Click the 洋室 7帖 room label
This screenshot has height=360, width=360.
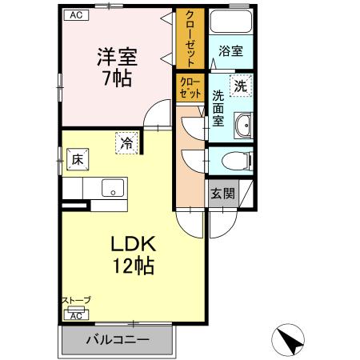tap(118, 67)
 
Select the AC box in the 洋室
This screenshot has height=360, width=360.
tap(77, 15)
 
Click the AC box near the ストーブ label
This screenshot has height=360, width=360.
tap(76, 316)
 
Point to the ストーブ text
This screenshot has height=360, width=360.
tap(76, 300)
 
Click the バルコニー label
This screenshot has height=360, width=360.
tap(118, 340)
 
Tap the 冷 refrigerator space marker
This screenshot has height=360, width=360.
tap(126, 143)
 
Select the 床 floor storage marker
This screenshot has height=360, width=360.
tap(78, 159)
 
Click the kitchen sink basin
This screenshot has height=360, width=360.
tap(113, 188)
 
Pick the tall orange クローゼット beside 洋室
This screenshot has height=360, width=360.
tap(190, 38)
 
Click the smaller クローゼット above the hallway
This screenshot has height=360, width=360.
tap(190, 87)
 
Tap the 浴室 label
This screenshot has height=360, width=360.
tap(231, 51)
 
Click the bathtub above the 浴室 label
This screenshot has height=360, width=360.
tap(231, 22)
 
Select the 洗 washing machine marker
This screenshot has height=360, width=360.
tap(241, 86)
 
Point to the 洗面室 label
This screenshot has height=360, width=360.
tap(218, 108)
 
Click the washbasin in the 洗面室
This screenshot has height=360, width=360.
tap(243, 126)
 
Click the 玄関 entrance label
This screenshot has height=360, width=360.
tap(223, 194)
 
